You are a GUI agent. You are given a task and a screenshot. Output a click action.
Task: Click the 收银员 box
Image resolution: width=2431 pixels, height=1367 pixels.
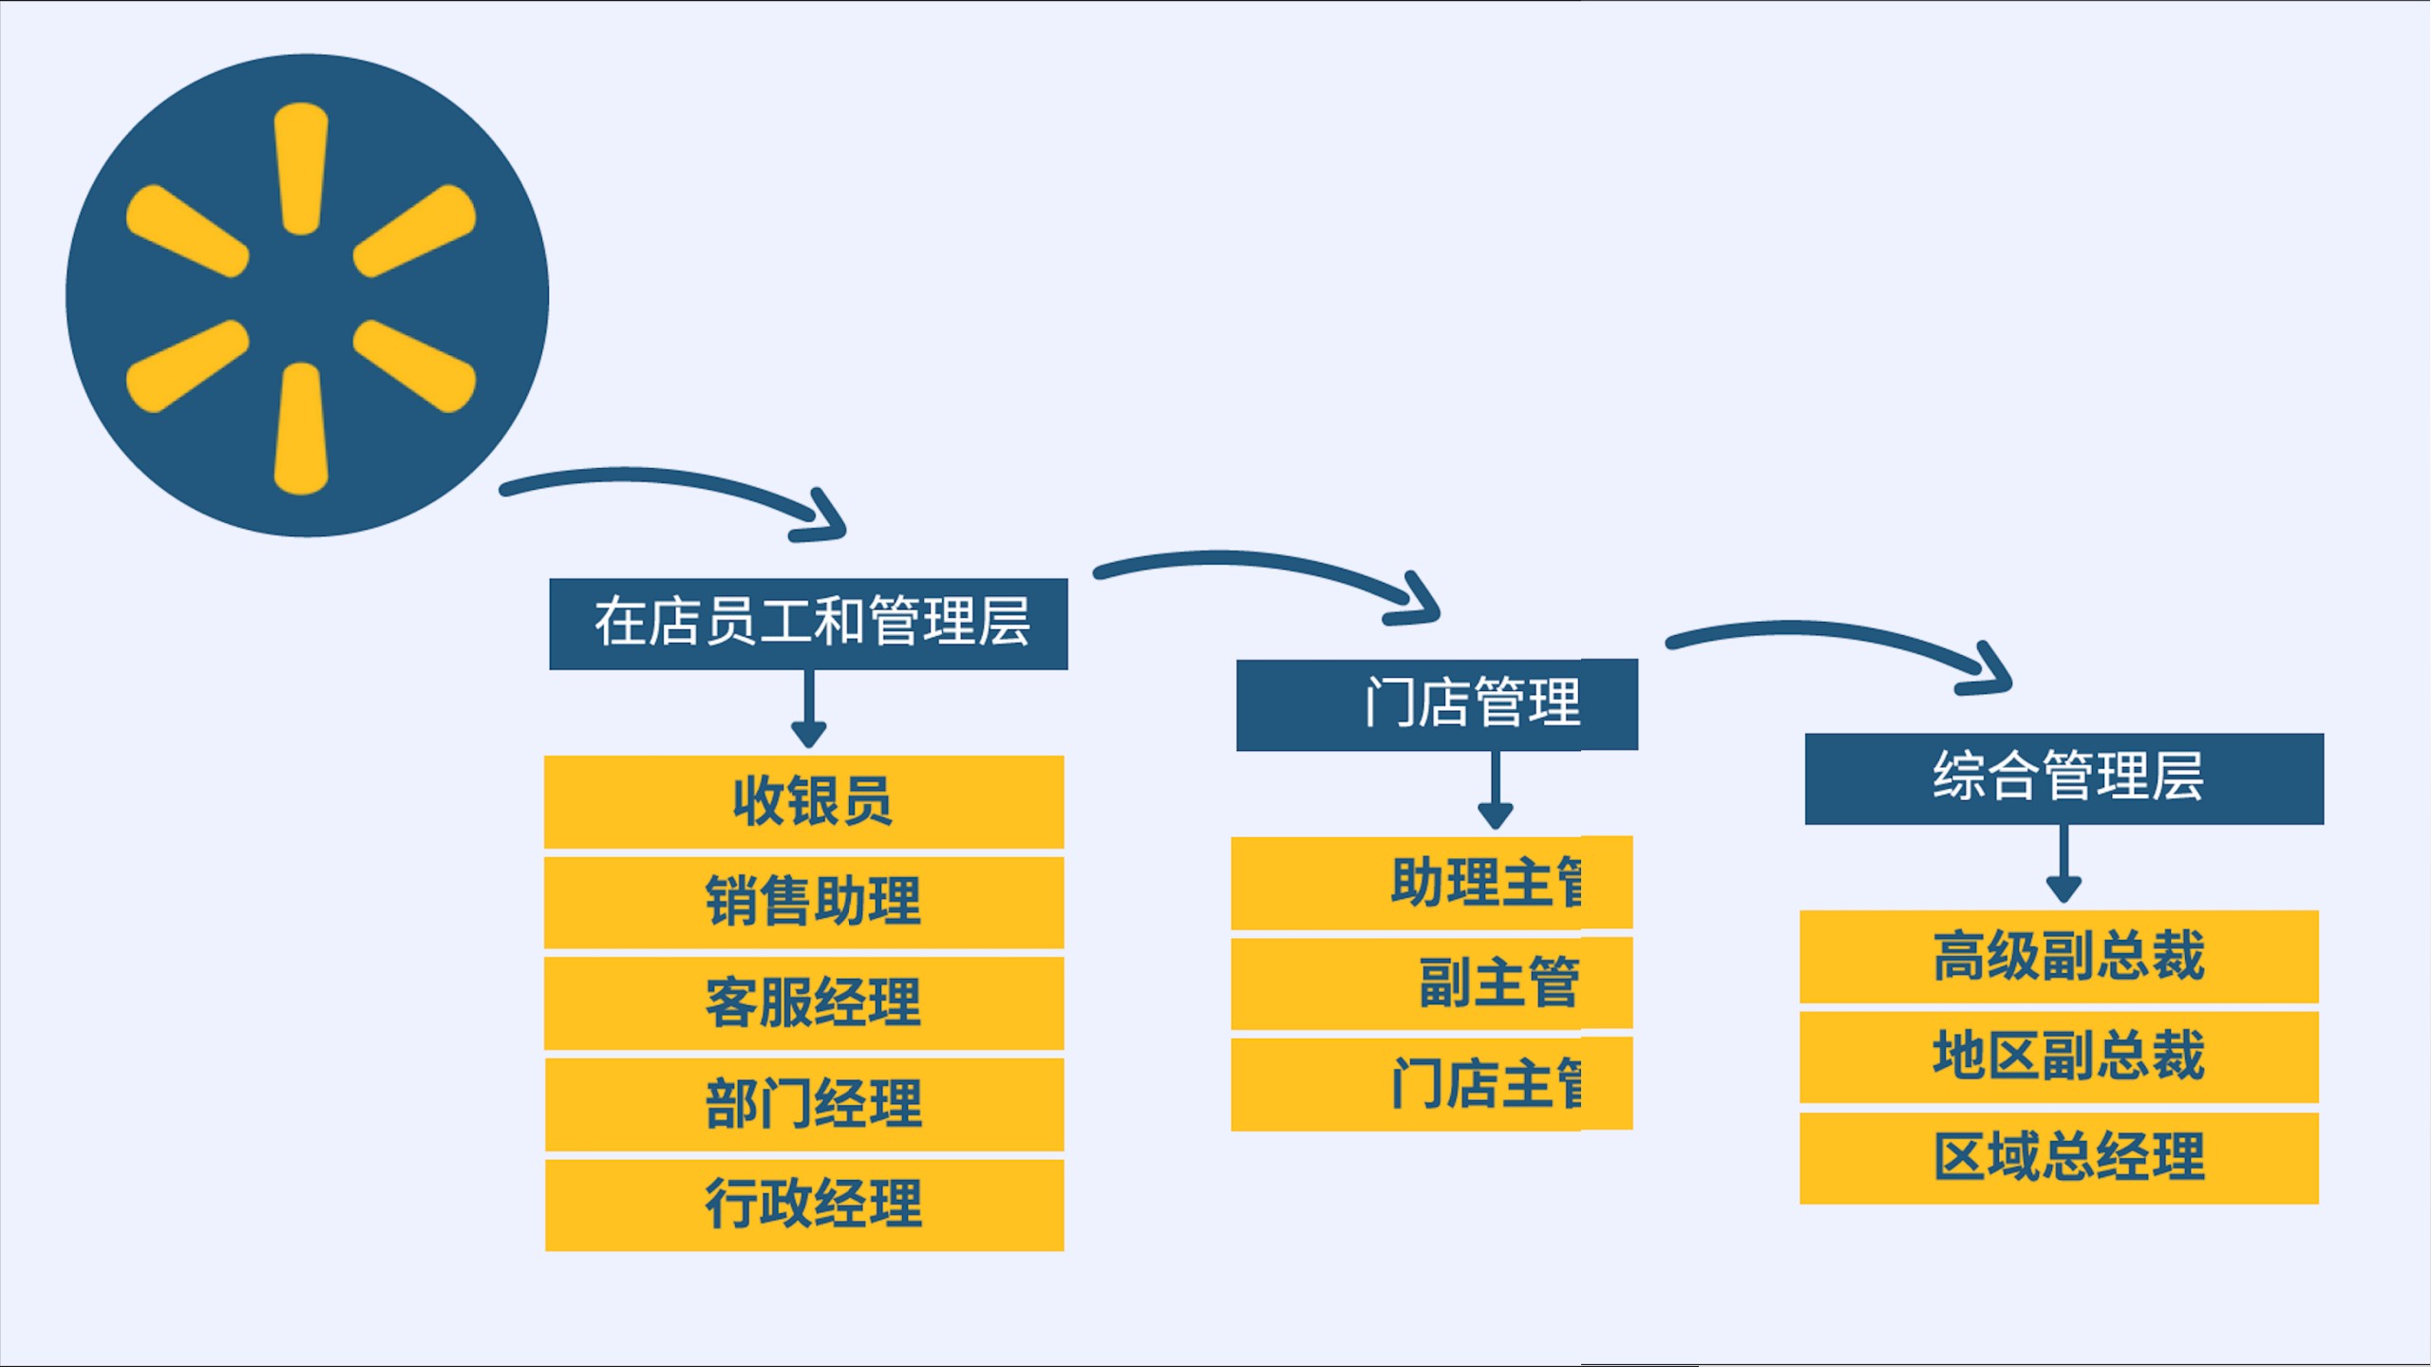804,801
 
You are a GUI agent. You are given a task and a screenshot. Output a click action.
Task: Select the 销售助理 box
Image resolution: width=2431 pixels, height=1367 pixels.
804,902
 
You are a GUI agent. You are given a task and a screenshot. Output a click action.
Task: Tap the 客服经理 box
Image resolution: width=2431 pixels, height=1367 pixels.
804,1002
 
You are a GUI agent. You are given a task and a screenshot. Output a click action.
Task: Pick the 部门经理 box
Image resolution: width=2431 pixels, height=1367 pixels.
804,1104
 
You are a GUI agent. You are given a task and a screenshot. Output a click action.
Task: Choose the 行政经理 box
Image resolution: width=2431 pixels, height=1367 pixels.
804,1205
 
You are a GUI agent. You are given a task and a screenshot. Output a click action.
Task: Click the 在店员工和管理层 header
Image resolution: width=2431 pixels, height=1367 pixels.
808,624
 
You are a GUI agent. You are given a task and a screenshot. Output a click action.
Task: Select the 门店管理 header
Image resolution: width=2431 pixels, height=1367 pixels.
1437,704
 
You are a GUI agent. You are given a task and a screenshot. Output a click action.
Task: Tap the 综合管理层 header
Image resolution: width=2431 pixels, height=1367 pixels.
2064,778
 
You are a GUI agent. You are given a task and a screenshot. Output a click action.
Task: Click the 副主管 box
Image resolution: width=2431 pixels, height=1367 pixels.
1431,983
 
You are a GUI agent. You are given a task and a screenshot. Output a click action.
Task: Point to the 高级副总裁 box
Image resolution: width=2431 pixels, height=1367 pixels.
2059,956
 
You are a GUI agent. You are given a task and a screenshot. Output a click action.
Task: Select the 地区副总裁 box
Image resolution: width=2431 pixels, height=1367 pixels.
2059,1057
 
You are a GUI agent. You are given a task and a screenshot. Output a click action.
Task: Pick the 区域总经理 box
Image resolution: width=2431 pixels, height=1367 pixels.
2059,1158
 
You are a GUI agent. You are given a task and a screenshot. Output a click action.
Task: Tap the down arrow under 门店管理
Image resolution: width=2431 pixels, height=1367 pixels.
1495,791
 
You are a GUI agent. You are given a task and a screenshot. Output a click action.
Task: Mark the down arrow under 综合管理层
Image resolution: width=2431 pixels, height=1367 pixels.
2064,864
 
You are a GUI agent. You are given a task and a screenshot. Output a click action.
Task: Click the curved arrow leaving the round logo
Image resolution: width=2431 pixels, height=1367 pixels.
665,479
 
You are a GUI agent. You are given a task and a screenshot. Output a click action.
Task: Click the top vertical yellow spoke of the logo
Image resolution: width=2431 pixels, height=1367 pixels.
301,168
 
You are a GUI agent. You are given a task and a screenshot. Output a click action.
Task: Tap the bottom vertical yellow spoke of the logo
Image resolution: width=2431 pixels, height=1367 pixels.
301,429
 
